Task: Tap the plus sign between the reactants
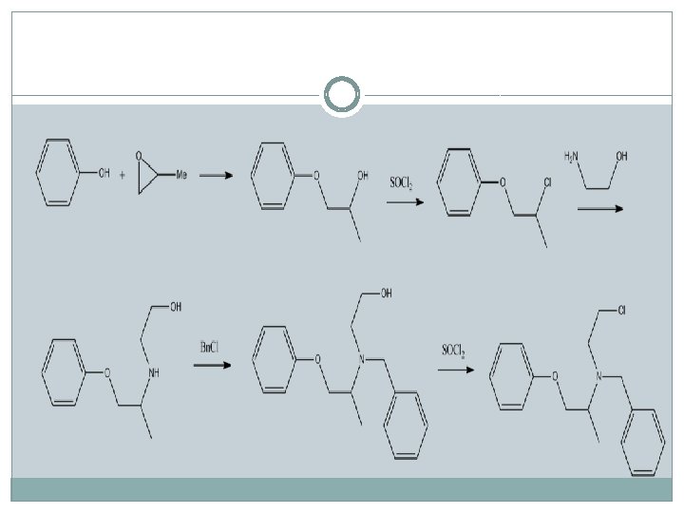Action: click(x=123, y=175)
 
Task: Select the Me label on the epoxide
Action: click(x=180, y=174)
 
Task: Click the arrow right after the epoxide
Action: click(x=216, y=175)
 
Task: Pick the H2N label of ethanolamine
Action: click(x=571, y=155)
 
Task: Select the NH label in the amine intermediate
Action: click(x=153, y=372)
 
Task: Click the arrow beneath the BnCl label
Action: click(x=213, y=364)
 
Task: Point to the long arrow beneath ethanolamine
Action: click(x=600, y=208)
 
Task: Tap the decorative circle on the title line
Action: click(x=341, y=95)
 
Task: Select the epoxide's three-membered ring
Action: click(x=145, y=175)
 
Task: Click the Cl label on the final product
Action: click(x=619, y=311)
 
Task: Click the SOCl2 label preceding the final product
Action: click(x=452, y=351)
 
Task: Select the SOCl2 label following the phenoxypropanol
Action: click(x=400, y=181)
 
